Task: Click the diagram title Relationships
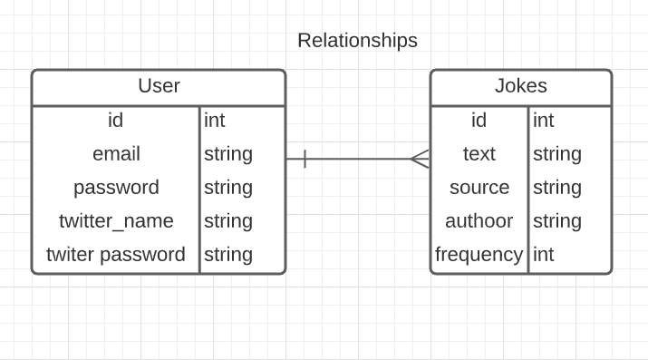point(357,41)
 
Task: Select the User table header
point(159,86)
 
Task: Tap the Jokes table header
point(520,86)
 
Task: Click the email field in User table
point(116,154)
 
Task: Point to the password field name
point(116,188)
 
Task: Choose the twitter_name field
point(116,221)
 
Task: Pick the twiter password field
point(116,255)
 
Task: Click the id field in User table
point(115,121)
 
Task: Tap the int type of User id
point(215,121)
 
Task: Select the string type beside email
point(228,154)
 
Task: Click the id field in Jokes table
point(479,121)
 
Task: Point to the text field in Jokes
point(479,154)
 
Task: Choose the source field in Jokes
point(479,188)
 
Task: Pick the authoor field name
point(479,221)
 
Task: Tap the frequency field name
point(479,255)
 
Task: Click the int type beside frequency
point(544,255)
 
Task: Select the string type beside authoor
point(557,221)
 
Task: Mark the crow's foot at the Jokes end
point(419,160)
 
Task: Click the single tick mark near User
point(305,160)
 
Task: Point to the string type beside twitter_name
point(228,221)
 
